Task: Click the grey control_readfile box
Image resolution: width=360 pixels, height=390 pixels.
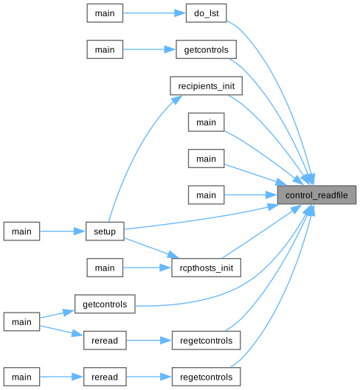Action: [316, 195]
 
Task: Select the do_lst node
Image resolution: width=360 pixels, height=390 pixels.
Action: [206, 13]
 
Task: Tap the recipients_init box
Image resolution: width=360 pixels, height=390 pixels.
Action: [206, 86]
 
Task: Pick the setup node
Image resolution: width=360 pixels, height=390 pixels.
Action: [105, 231]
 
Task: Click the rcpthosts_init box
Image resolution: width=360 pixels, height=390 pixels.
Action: [206, 268]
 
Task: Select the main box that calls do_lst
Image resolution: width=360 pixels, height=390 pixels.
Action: [105, 13]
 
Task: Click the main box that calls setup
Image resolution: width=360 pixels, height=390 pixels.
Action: [21, 231]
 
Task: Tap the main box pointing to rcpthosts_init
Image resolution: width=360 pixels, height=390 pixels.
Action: [105, 268]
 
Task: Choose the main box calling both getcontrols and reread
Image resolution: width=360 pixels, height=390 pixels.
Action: [21, 321]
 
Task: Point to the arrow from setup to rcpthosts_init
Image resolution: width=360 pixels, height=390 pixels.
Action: [151, 248]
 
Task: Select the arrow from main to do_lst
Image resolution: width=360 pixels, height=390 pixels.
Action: [154, 13]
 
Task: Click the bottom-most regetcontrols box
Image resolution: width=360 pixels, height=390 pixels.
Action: [206, 377]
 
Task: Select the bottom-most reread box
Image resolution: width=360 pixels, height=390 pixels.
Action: [105, 377]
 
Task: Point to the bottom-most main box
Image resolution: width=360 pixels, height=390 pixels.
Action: [21, 377]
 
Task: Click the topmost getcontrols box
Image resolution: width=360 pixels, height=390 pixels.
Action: [206, 49]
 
